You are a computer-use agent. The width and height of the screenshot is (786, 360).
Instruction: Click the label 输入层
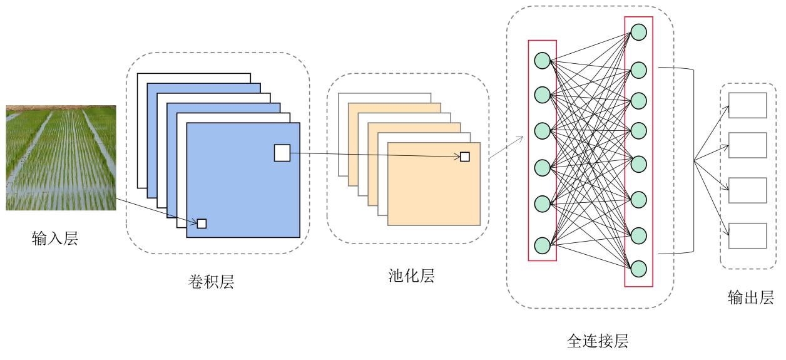pyautogui.click(x=55, y=238)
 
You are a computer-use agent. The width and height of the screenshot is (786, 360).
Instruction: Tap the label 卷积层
pyautogui.click(x=211, y=282)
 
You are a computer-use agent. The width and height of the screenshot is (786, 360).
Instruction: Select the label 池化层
pyautogui.click(x=411, y=275)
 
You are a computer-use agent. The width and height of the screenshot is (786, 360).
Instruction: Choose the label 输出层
pyautogui.click(x=751, y=297)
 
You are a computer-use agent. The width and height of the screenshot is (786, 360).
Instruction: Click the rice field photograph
pyautogui.click(x=61, y=158)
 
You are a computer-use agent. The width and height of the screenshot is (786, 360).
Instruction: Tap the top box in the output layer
pyautogui.click(x=748, y=105)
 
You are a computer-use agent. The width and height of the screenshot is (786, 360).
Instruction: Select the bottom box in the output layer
pyautogui.click(x=748, y=235)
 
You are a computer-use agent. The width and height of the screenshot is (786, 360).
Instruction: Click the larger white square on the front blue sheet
pyautogui.click(x=282, y=152)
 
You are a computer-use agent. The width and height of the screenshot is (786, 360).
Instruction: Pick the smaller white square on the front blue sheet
pyautogui.click(x=202, y=223)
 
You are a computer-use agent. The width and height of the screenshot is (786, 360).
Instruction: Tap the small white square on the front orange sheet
pyautogui.click(x=465, y=157)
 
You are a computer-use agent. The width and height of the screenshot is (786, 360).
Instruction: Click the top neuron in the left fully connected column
pyautogui.click(x=542, y=61)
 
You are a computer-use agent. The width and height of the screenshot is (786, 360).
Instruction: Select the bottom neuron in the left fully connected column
pyautogui.click(x=542, y=245)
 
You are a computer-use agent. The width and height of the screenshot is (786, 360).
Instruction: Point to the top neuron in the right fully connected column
pyautogui.click(x=638, y=31)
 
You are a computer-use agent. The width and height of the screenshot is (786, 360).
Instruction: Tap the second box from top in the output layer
pyautogui.click(x=748, y=145)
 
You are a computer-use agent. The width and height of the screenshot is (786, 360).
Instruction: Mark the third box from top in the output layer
pyautogui.click(x=748, y=190)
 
